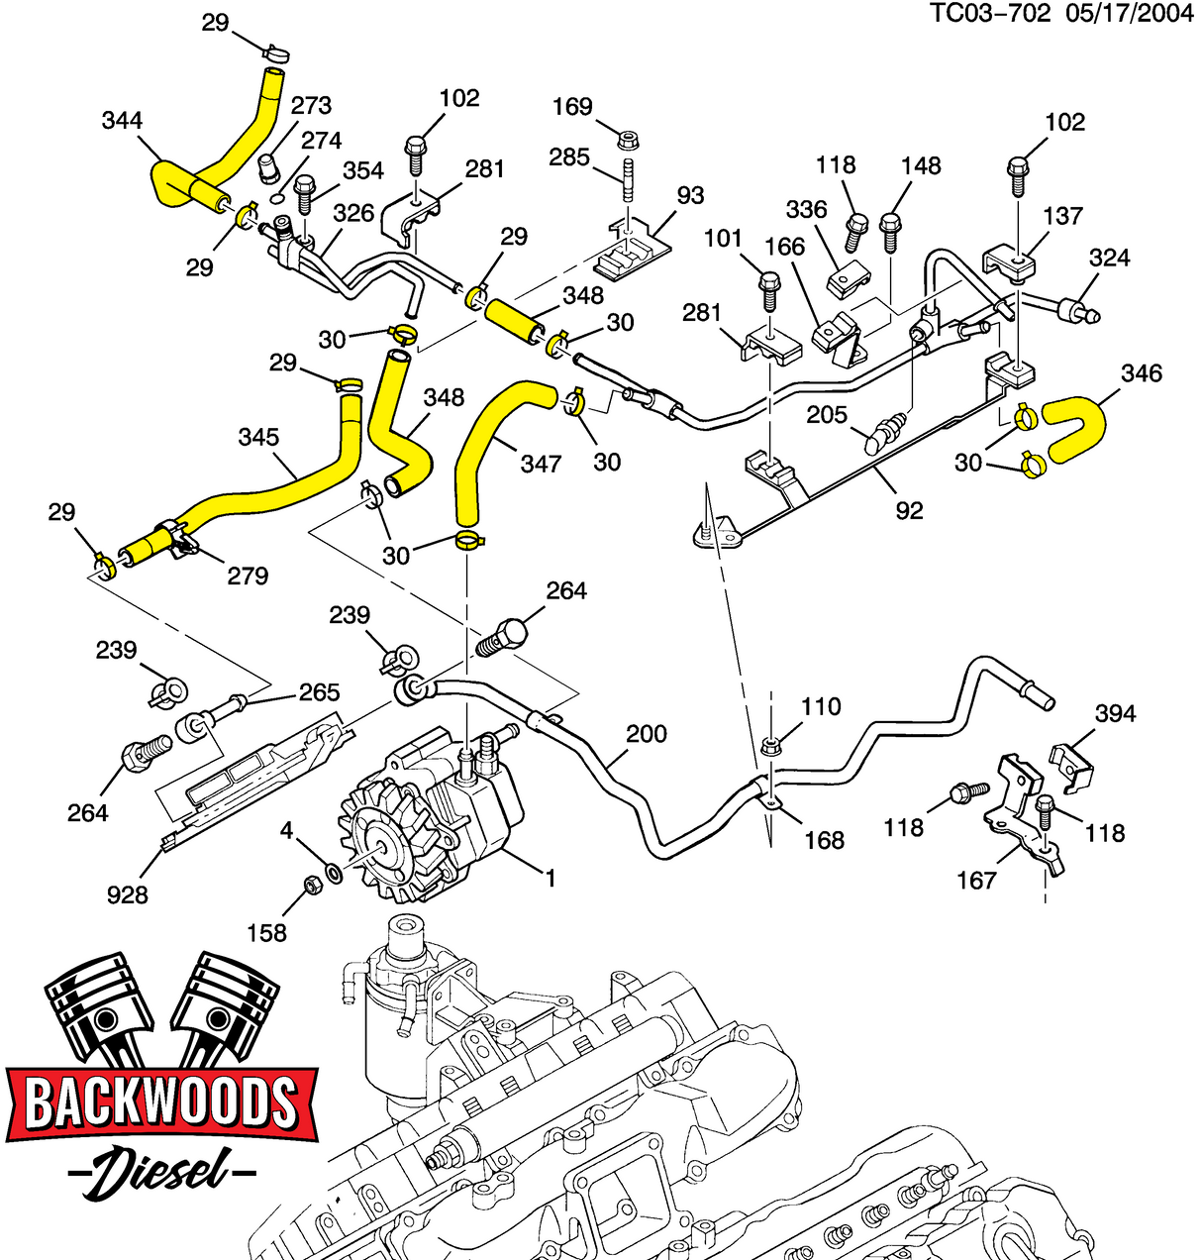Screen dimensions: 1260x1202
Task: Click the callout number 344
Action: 122,121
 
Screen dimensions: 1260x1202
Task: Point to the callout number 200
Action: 647,734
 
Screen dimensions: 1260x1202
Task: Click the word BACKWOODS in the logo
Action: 161,1102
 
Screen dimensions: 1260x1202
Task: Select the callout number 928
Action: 127,894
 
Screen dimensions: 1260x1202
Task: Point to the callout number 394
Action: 1115,714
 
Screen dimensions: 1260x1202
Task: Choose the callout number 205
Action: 827,413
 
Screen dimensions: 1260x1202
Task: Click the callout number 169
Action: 572,106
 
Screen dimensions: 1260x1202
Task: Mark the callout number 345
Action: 258,437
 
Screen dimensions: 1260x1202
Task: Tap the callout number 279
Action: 248,575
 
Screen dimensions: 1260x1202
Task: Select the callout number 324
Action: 1109,258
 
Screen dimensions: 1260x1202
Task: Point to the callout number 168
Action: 824,840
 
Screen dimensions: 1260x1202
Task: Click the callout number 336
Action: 806,209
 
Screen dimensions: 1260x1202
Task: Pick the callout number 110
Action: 821,706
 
